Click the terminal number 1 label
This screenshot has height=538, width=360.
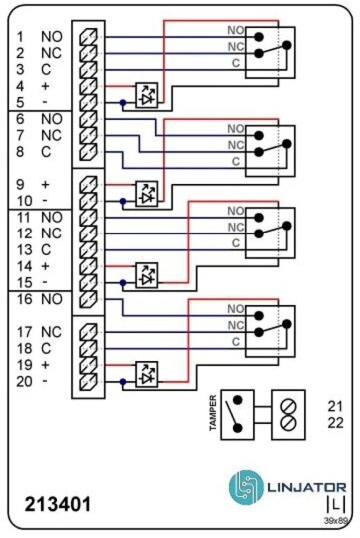(20, 37)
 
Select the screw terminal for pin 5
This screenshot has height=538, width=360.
(88, 103)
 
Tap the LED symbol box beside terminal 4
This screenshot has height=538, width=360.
(146, 95)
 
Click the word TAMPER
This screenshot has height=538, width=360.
(213, 413)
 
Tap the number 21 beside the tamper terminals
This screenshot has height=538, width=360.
(335, 406)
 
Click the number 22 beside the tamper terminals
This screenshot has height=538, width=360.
(335, 423)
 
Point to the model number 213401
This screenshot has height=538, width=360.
(58, 505)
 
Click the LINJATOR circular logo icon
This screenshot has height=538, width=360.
(246, 488)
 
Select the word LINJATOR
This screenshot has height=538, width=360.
(307, 488)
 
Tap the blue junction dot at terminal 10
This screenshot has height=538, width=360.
(123, 202)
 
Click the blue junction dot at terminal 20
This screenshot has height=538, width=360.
(123, 382)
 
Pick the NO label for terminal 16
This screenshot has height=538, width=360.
(52, 300)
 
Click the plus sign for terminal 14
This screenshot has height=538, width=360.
(45, 266)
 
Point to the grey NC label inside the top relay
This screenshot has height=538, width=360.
(236, 46)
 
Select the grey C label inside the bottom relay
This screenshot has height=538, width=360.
(236, 342)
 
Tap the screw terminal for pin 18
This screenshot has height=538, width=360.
(88, 349)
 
